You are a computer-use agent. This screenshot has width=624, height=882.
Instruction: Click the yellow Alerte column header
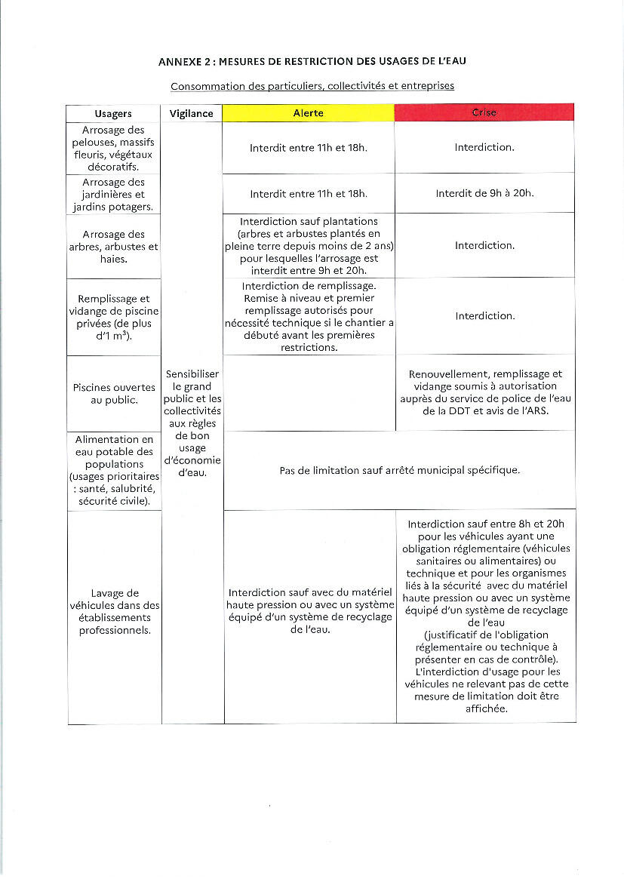pos(308,113)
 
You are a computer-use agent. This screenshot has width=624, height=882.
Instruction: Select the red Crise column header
pos(484,113)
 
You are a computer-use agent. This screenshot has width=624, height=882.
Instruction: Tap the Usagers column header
pos(113,114)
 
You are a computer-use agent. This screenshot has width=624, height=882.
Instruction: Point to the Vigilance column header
pos(192,114)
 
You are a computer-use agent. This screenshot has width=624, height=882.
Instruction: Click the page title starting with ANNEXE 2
pos(318,60)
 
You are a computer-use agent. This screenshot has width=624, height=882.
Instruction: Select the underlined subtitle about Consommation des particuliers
pos(312,86)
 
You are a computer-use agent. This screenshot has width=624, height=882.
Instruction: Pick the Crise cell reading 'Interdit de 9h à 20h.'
pos(484,194)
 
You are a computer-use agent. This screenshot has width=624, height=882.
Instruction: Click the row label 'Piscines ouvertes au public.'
pos(114,394)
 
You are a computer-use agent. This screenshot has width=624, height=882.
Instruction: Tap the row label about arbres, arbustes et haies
pos(114,247)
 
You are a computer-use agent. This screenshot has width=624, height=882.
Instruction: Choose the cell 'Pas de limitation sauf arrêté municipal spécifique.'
pos(399,471)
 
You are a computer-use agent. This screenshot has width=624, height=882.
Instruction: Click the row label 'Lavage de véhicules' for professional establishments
pos(114,612)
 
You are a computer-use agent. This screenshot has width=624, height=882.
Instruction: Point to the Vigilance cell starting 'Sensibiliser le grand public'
pos(192,423)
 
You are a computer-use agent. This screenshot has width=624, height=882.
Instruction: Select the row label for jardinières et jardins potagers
pos(114,195)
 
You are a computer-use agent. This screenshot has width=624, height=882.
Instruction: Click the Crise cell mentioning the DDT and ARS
pos(485,393)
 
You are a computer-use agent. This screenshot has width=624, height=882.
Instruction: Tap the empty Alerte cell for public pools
pos(309,393)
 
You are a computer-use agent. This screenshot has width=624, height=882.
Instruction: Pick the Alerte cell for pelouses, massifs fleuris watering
pos(309,148)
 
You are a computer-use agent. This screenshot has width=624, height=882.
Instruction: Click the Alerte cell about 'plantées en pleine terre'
pos(309,246)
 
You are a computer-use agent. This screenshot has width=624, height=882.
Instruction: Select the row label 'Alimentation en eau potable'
pos(114,471)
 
